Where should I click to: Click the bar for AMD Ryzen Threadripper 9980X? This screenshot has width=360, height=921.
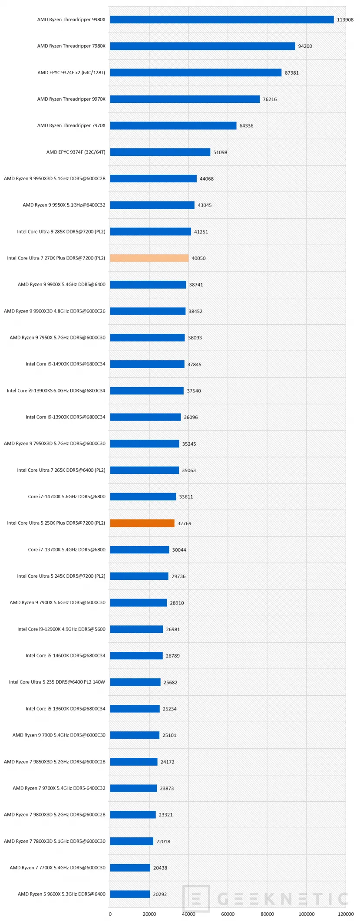point(221,20)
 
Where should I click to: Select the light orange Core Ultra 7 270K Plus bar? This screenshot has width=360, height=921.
point(149,258)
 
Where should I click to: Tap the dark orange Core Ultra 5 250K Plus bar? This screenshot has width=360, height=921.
point(142,523)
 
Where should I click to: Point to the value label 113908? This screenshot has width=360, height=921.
point(345,20)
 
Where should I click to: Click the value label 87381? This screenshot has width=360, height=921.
point(291,73)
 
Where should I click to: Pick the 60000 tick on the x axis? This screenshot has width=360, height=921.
point(228,914)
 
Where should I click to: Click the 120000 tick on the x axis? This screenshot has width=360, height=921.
point(346,914)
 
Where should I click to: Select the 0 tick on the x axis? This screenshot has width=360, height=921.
point(110,914)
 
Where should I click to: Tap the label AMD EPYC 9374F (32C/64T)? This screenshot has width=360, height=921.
point(76,152)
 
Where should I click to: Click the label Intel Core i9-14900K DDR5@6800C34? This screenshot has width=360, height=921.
point(65,364)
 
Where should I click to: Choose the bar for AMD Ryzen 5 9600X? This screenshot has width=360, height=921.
point(130,894)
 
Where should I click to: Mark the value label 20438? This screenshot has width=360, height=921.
point(160,868)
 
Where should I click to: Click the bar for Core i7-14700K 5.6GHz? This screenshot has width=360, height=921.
point(143,497)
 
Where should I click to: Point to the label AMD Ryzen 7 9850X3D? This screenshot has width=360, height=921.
point(54,762)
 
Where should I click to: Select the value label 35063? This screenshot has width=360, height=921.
point(188,470)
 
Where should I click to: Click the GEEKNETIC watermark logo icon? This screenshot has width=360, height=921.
point(196,898)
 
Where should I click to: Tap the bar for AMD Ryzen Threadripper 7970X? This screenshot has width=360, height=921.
point(173,126)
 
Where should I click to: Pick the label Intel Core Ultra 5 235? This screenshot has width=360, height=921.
point(57,682)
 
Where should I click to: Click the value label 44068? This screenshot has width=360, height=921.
point(206,179)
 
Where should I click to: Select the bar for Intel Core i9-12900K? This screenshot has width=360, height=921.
point(136,629)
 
